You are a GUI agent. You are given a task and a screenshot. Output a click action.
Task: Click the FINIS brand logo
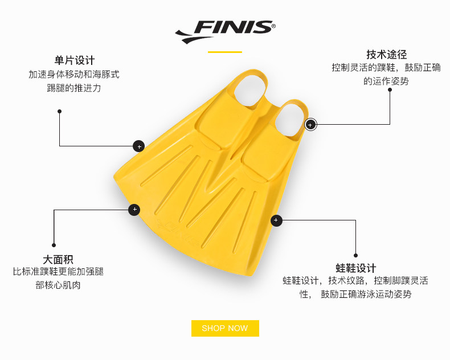(225, 31)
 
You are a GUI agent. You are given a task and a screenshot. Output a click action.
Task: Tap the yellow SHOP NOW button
(225, 328)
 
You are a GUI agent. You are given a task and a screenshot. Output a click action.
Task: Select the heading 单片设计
(75, 60)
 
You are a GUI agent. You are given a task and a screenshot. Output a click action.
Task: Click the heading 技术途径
(386, 54)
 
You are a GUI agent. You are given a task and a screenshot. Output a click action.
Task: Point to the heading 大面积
(58, 259)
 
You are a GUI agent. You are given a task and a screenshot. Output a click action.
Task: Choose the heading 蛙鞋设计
(356, 268)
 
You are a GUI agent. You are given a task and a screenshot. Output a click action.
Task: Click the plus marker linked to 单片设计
(138, 146)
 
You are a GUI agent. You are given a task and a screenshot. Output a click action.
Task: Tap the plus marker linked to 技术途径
(310, 124)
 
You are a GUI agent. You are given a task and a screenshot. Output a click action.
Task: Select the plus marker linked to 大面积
(134, 210)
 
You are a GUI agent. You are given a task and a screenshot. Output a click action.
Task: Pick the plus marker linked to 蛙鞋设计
(276, 220)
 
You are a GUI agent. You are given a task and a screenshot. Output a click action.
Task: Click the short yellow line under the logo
(225, 52)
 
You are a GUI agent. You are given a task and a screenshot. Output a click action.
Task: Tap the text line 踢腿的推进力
(74, 88)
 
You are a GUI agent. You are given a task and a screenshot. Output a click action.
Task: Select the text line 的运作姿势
(386, 81)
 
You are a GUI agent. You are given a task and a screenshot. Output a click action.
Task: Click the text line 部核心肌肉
(58, 285)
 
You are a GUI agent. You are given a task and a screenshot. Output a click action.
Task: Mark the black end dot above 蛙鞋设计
(356, 255)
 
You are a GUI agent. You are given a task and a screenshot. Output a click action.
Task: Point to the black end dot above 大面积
(54, 246)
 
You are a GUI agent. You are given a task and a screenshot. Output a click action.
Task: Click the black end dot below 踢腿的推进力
(59, 111)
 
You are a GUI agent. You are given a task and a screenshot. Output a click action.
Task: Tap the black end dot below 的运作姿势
(390, 90)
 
